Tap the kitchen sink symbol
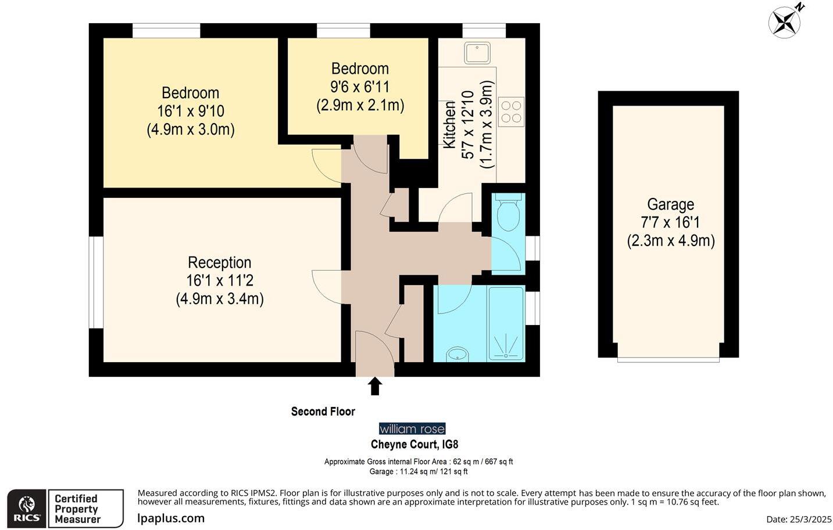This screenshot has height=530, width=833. click(477, 53)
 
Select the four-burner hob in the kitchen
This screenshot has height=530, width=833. click(511, 111)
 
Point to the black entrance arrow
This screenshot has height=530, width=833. click(375, 386)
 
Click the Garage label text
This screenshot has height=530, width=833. click(670, 204)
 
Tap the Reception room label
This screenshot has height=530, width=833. click(219, 262)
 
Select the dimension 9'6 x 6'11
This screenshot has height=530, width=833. click(360, 87)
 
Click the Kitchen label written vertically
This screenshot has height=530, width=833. click(449, 125)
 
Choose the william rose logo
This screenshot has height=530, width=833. click(412, 429)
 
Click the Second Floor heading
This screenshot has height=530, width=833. click(323, 412)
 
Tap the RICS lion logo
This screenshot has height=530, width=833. click(27, 509)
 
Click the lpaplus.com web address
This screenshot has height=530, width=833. click(171, 518)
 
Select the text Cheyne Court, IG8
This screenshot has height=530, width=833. click(414, 445)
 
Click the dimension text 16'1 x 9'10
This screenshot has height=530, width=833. click(191, 111)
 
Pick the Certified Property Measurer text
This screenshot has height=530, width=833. click(77, 509)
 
